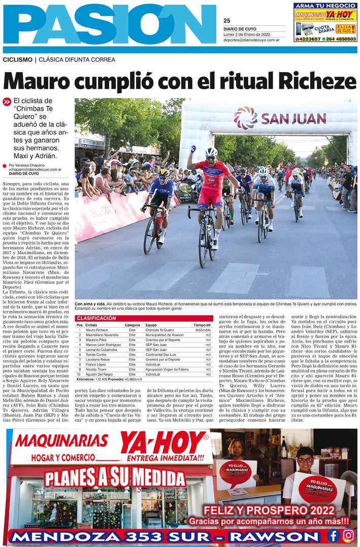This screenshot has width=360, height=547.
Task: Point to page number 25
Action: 226,21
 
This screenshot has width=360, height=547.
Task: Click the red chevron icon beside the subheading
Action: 7,101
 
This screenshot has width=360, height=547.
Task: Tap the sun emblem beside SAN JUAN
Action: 246,118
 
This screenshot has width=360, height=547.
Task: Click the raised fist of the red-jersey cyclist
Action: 193,149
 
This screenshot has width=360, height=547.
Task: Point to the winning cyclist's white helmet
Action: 211,152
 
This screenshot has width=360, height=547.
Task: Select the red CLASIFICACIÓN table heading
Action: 96,318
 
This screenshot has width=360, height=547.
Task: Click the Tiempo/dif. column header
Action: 202,325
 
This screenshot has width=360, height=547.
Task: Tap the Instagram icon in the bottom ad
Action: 348,535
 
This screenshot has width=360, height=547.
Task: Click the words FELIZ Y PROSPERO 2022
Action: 269,510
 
